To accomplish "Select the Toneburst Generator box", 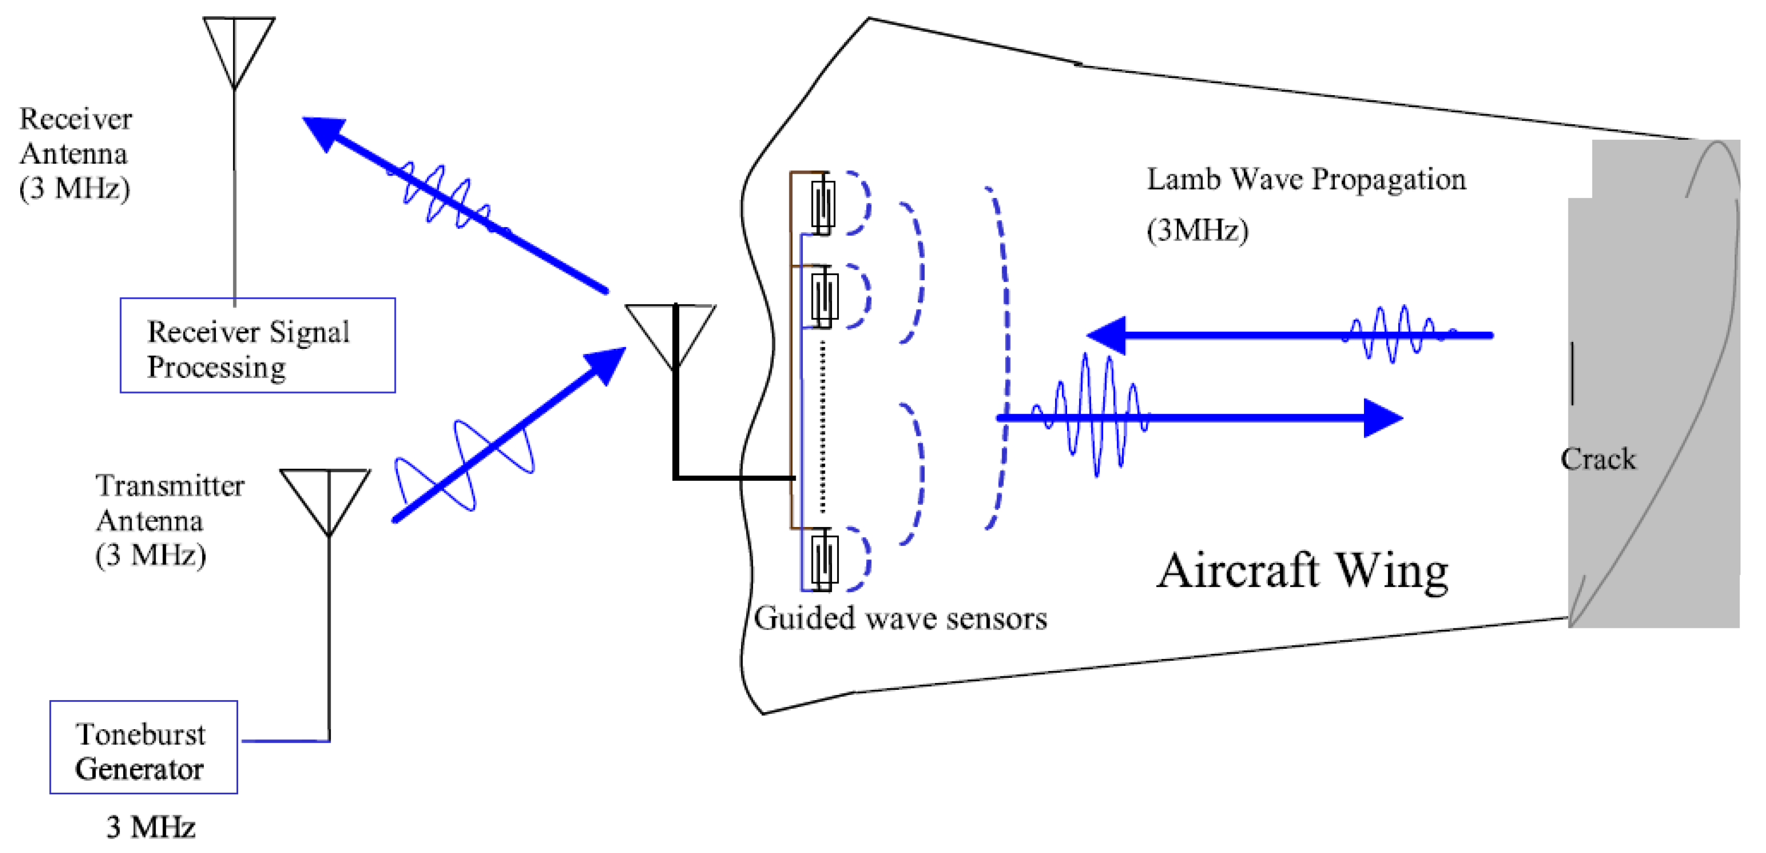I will [144, 747].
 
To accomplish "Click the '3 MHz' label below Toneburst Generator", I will [150, 827].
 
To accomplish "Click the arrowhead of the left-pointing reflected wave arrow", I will [1105, 335].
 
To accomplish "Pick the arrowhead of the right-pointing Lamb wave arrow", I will [1382, 417].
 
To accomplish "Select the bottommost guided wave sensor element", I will [823, 560].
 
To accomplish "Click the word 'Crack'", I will [1598, 459].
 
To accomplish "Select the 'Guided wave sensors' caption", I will [900, 619].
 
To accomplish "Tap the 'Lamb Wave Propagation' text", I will [1306, 179].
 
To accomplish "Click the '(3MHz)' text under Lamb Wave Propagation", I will [1197, 230].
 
